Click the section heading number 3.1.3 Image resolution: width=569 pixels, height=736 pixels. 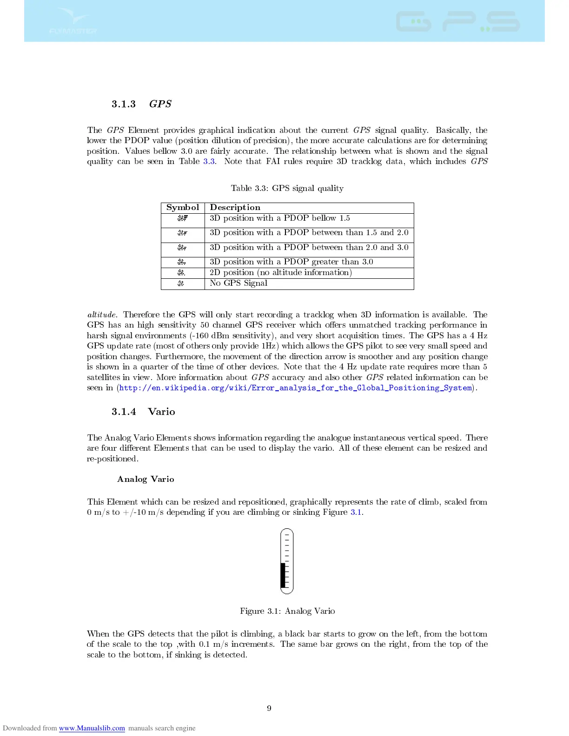coord(124,104)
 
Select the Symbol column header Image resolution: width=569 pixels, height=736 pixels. coord(183,208)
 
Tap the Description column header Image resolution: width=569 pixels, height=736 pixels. coord(235,208)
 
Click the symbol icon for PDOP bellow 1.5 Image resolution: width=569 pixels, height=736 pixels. coord(182,218)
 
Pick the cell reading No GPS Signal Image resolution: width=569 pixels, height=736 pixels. coord(238,283)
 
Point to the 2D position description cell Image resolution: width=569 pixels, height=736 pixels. coord(280,273)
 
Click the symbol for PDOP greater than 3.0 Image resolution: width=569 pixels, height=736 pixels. coord(182,262)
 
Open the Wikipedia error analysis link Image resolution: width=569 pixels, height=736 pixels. coord(295,388)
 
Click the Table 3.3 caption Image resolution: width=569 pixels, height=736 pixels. coord(287,188)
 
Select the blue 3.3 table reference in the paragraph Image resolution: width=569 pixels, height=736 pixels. coord(209,162)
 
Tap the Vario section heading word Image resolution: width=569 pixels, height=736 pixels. coord(161,412)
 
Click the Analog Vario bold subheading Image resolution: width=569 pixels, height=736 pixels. coord(146,480)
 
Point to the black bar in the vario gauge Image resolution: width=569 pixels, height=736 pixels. coord(283,575)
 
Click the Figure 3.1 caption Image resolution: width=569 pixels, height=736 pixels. coord(287,611)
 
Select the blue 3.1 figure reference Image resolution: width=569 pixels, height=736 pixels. coord(356,513)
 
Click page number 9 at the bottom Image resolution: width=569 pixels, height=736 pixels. coord(269,708)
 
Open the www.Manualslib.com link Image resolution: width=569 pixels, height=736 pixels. coord(92,728)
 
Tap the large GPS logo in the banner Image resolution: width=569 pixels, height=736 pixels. coord(457,22)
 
